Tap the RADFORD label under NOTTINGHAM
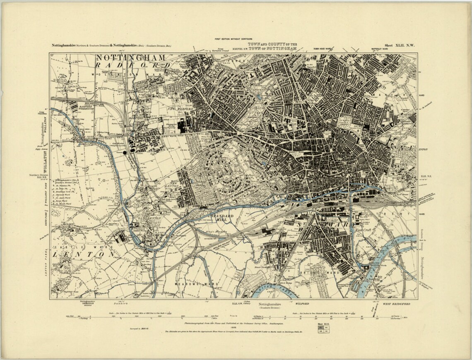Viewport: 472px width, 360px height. tap(132, 65)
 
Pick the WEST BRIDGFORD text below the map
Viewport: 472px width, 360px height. tap(397, 304)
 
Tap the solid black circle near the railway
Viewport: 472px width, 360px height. tap(125, 153)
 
